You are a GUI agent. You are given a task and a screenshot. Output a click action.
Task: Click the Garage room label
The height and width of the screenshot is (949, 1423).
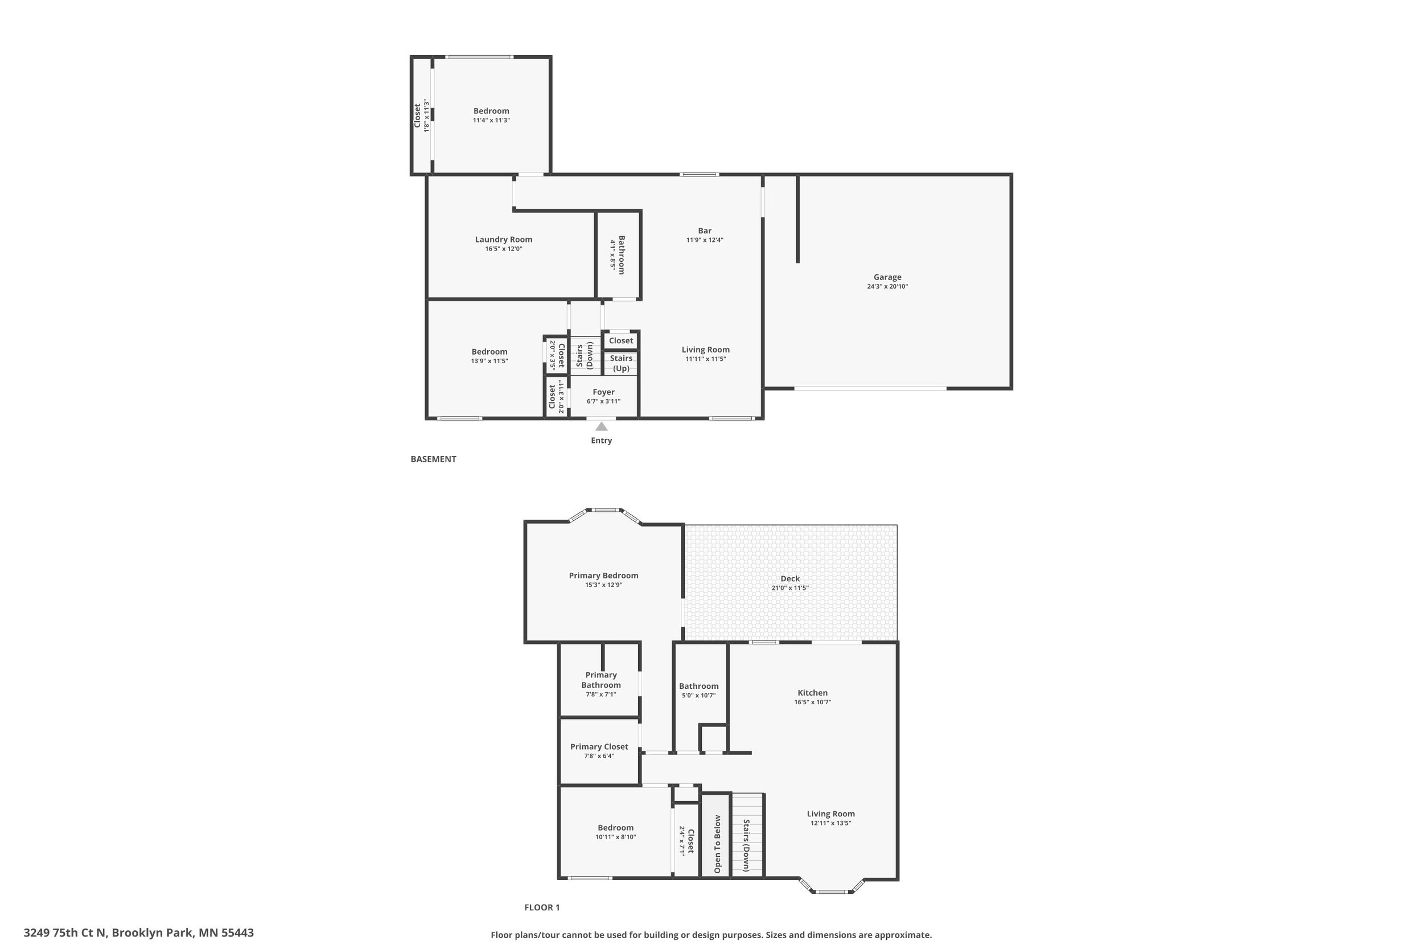[x=887, y=277]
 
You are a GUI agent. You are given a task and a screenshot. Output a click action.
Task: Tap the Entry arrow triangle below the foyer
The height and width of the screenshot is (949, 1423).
[x=602, y=427]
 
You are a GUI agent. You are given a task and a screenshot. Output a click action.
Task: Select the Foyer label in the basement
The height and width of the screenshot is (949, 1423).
[x=603, y=392]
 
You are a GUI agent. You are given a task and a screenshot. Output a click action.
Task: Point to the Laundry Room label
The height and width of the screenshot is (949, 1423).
[x=503, y=240]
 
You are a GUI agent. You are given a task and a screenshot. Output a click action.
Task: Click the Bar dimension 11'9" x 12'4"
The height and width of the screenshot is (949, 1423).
[x=704, y=240]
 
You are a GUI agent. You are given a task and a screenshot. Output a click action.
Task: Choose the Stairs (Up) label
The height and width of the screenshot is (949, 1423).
[x=621, y=363]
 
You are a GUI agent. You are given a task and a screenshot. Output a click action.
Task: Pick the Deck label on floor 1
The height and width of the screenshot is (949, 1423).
[x=789, y=578]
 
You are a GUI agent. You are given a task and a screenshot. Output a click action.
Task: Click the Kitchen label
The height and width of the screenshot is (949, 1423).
[x=812, y=693]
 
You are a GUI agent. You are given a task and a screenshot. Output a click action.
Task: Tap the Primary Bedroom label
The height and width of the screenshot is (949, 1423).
[x=603, y=576]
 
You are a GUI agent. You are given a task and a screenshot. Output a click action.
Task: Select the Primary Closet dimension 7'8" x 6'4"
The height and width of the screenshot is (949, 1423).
[x=599, y=756]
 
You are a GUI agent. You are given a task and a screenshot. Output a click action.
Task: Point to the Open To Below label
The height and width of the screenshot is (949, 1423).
[x=718, y=844]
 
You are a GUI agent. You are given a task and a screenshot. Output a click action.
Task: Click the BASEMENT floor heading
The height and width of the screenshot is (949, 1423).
[x=433, y=459]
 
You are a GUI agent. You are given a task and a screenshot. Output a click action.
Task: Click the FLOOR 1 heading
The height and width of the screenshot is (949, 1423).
[x=541, y=907]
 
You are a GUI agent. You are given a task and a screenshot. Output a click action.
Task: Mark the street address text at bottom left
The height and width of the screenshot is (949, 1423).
[x=138, y=932]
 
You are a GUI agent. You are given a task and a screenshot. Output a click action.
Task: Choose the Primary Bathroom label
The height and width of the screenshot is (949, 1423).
[x=601, y=680]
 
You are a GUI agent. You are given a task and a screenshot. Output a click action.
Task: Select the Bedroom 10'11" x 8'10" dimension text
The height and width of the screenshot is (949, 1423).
[x=615, y=837]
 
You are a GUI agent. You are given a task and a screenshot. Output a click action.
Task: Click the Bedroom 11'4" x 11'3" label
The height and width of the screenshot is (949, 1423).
[x=491, y=112]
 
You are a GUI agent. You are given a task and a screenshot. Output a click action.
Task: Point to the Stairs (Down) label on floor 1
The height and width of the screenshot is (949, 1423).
[x=746, y=845]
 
